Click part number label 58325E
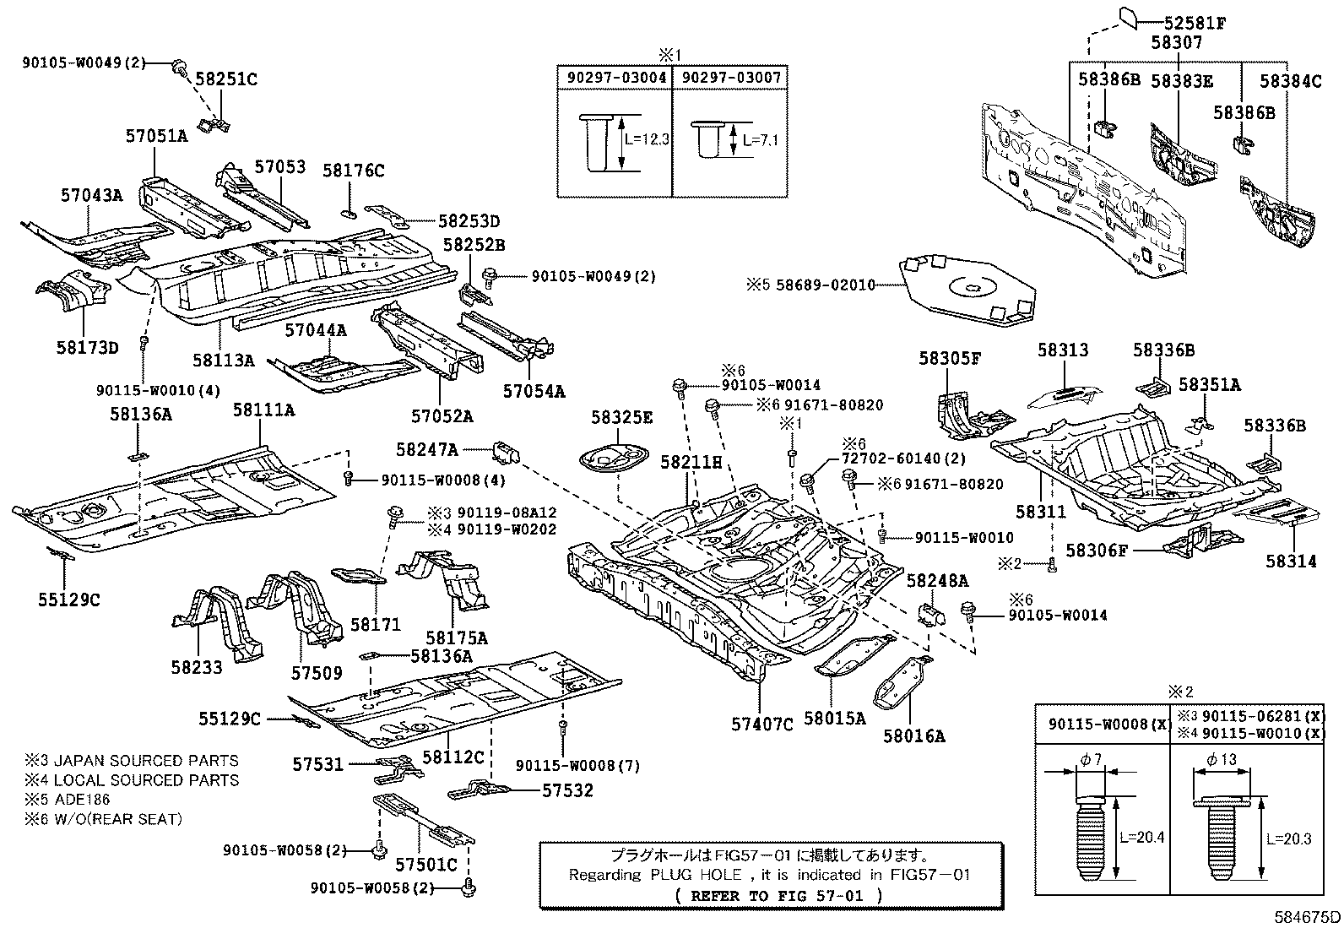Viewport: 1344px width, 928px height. (x=621, y=417)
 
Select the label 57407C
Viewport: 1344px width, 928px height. (x=762, y=724)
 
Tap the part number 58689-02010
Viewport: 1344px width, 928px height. (x=824, y=285)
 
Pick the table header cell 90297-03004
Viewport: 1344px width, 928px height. (x=615, y=77)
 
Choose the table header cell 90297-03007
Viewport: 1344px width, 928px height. (x=730, y=77)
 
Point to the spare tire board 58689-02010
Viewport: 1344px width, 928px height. (x=969, y=287)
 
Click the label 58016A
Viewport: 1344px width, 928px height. (x=914, y=735)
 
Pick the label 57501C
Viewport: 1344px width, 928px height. (x=426, y=865)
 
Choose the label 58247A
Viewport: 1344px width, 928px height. (x=427, y=449)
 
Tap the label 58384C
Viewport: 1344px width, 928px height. (x=1291, y=81)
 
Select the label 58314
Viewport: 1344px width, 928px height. (x=1291, y=561)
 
